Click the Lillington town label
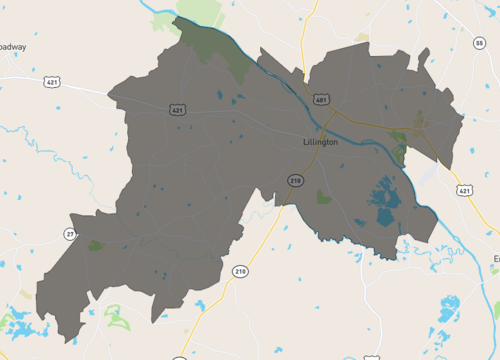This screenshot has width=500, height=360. pos(320,142)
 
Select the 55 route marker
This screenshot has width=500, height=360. pos(480,43)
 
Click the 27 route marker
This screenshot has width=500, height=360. pos(70,234)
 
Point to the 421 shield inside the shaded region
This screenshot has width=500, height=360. pos(176,109)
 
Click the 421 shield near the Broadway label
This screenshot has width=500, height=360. pos(51,83)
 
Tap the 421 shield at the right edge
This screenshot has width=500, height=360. pos(463,189)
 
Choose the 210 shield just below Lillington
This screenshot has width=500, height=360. pos(294,180)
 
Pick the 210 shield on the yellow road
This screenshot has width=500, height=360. pos(240,271)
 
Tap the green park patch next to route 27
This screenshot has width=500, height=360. pos(95,245)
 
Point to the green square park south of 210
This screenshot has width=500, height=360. pos(323,198)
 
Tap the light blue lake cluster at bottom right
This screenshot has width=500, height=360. pos(450,310)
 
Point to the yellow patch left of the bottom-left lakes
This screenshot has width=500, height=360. pos(26,295)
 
